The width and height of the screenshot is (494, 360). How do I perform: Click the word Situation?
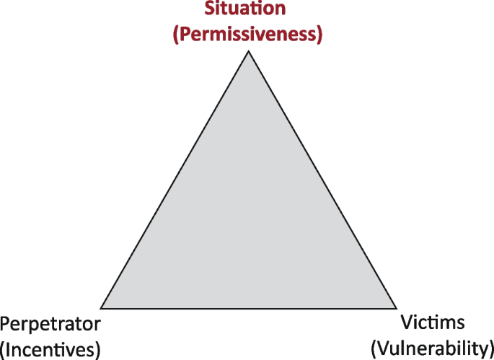coord(246,10)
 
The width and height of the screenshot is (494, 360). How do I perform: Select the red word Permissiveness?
coord(247,34)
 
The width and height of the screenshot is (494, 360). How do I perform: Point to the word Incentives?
coord(50,349)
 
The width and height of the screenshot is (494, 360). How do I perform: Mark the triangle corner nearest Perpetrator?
coord(102,307)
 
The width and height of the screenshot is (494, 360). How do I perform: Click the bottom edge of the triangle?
coord(249,308)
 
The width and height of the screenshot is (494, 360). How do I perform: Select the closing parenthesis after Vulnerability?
coord(490,348)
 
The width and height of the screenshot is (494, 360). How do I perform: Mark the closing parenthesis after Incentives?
coord(97,350)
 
